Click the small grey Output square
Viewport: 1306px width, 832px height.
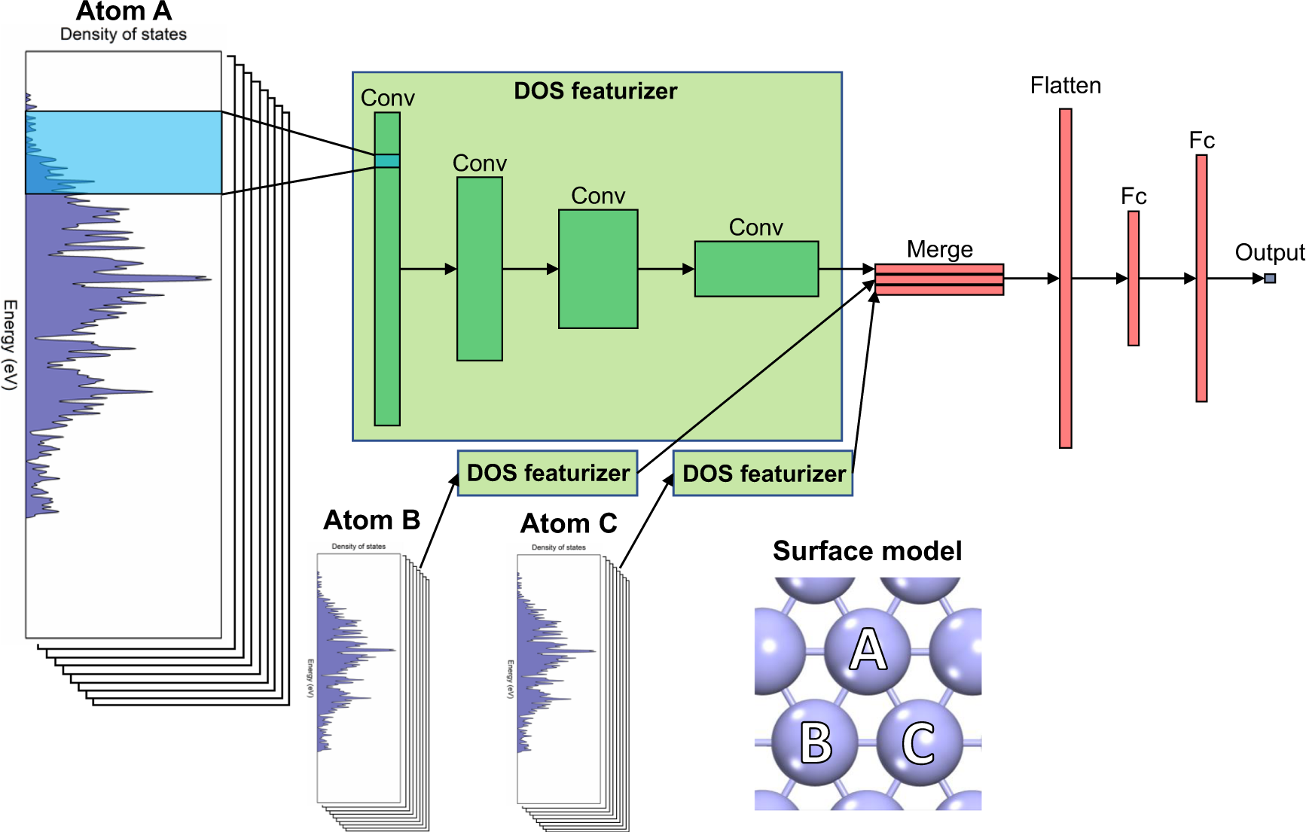(x=1270, y=279)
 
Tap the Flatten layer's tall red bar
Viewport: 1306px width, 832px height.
(x=1066, y=279)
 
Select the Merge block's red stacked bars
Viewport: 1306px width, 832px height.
(x=939, y=279)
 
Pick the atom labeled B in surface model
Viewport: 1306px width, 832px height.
(x=816, y=742)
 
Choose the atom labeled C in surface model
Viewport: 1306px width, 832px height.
(x=920, y=742)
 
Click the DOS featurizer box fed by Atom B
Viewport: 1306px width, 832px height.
(x=548, y=473)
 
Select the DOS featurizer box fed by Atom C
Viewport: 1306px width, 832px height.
(x=763, y=474)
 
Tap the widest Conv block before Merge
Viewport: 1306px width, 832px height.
(x=756, y=269)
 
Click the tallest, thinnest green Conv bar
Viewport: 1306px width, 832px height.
(x=387, y=269)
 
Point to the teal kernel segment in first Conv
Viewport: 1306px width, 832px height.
(x=387, y=161)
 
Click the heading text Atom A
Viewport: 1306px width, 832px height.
(x=124, y=11)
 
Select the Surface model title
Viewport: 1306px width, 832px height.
(x=868, y=551)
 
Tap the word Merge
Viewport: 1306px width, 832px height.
(x=940, y=249)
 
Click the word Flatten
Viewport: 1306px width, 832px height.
(x=1066, y=86)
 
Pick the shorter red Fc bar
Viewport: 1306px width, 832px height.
(x=1134, y=279)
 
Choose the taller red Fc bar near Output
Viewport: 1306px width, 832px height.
(x=1202, y=279)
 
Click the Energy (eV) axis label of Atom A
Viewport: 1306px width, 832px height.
(x=10, y=345)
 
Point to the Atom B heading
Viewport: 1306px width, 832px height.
(x=372, y=520)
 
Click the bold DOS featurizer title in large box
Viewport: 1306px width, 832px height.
(x=596, y=91)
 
